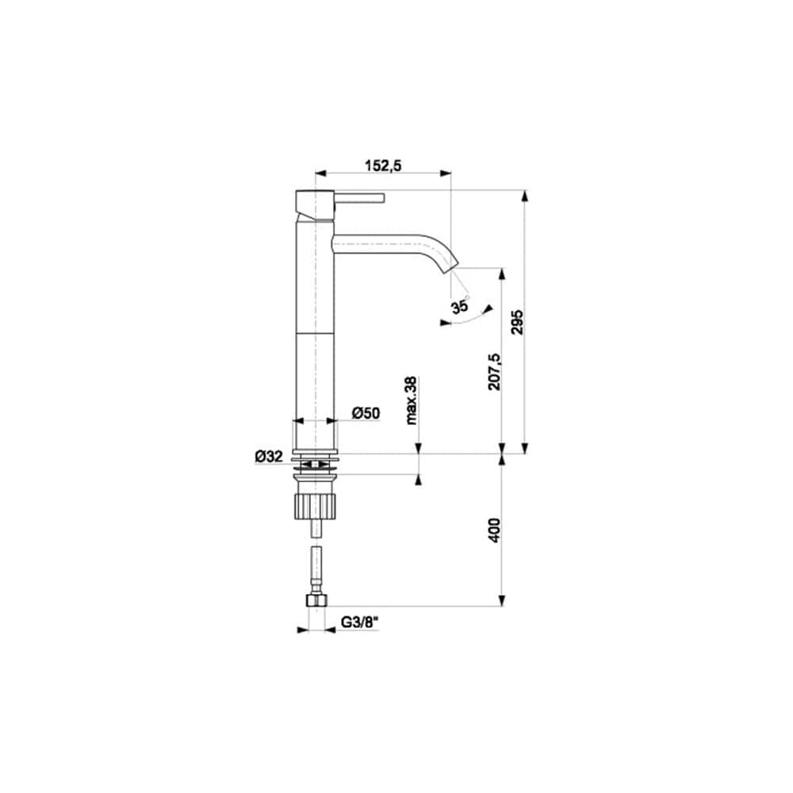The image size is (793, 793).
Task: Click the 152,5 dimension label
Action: point(383,166)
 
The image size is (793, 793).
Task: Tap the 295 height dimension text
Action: point(517,322)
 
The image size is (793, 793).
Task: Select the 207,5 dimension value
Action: point(494,371)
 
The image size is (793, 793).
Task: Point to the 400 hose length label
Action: point(494,530)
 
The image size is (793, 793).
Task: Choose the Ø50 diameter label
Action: point(366,413)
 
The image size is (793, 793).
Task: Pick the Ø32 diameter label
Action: point(269,456)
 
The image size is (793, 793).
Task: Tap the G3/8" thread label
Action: point(359,622)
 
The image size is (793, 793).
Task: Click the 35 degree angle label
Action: point(460,306)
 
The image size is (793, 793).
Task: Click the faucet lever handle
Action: point(359,197)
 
